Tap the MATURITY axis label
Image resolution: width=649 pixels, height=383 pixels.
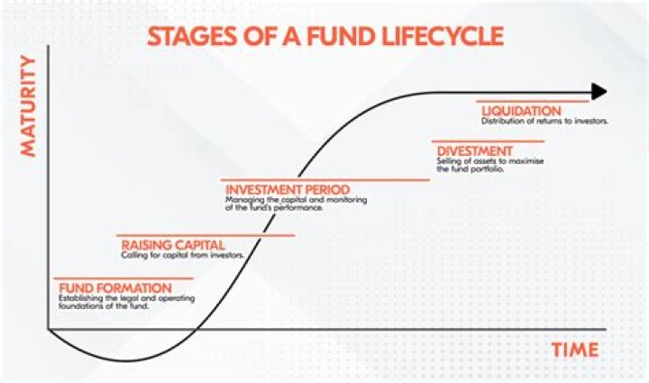point(29,106)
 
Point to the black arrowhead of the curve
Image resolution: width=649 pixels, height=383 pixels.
point(599,91)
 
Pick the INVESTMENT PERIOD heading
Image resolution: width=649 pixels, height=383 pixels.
point(286,190)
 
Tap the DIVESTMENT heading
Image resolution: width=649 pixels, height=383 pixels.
point(474,150)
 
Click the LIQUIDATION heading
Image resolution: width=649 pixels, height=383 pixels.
point(522,111)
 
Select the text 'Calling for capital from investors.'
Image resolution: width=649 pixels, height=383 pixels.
point(182,255)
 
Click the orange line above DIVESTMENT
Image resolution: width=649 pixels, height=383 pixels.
point(489,141)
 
